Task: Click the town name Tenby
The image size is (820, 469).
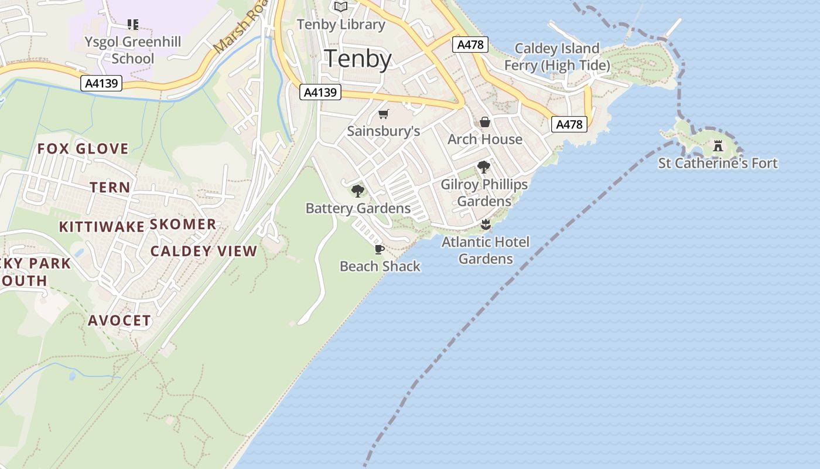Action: tap(357, 59)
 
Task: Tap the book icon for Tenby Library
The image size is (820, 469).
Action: tap(341, 7)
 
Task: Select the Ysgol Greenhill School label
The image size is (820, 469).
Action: tap(132, 50)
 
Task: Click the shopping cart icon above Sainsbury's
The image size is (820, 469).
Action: tap(383, 114)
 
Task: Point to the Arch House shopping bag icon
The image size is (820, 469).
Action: tap(485, 122)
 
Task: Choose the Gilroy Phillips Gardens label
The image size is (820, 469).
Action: tap(484, 193)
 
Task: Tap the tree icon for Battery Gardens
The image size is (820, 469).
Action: tap(357, 191)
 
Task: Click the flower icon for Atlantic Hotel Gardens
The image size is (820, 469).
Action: tap(485, 224)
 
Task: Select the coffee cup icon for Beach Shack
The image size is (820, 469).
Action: tap(380, 249)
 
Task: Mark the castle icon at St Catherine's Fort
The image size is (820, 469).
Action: tap(718, 145)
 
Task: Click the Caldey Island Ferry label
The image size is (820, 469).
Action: tap(557, 57)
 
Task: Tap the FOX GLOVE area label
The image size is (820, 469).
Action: tap(83, 149)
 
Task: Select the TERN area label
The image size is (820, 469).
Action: tap(110, 188)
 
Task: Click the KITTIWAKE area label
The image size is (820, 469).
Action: tap(101, 227)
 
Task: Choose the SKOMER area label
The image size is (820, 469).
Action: tap(183, 225)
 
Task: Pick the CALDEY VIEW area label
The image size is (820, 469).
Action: tap(204, 252)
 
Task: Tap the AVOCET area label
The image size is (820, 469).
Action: tap(119, 321)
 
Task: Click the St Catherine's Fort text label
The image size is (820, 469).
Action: tap(718, 164)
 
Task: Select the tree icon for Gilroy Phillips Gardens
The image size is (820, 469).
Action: tap(483, 167)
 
